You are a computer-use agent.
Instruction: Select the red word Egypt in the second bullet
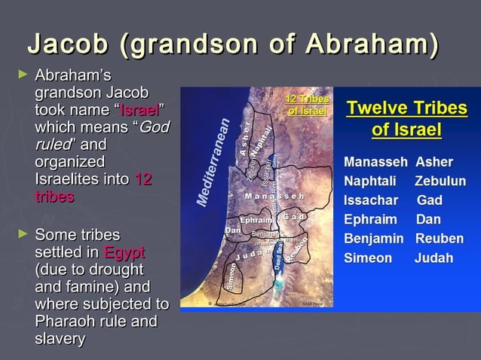124,252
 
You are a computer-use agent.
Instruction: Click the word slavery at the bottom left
60,340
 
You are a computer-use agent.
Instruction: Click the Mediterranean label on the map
213,161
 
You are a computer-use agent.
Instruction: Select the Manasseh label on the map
274,197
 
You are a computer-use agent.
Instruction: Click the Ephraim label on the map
256,220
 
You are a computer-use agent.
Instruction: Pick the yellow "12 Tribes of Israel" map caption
307,105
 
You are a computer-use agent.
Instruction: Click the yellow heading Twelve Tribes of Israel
406,119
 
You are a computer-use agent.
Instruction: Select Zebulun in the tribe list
440,182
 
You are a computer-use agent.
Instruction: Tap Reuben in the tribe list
439,239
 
